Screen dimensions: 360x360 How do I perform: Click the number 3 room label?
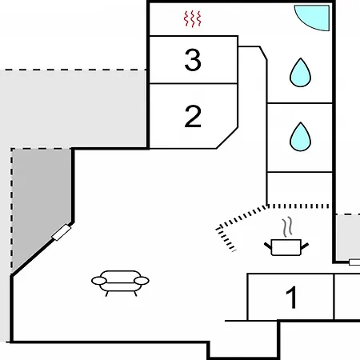[x=193, y=60]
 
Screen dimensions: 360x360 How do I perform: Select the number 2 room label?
[x=193, y=116]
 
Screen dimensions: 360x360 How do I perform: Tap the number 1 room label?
[x=291, y=297]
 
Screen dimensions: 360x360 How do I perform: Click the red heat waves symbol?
[x=193, y=19]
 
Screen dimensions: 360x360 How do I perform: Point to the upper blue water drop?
[x=300, y=73]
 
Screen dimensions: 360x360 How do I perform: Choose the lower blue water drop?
[x=300, y=137]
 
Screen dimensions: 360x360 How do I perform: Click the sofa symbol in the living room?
[x=120, y=283]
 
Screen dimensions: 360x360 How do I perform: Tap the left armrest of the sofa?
[x=99, y=281]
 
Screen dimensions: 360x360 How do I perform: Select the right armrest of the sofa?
[x=142, y=281]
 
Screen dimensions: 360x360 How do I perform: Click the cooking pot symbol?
[x=286, y=247]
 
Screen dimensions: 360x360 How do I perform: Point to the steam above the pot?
[x=287, y=227]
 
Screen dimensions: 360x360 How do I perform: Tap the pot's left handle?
[x=267, y=246]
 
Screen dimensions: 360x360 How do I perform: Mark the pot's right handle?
[x=305, y=246]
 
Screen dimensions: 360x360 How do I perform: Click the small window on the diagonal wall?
[x=61, y=232]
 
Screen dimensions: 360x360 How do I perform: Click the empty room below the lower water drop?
[x=300, y=188]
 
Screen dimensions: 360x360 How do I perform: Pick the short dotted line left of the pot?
[x=226, y=239]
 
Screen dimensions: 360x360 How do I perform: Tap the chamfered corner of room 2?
[x=227, y=138]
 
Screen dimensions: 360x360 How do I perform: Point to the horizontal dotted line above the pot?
[x=298, y=206]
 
